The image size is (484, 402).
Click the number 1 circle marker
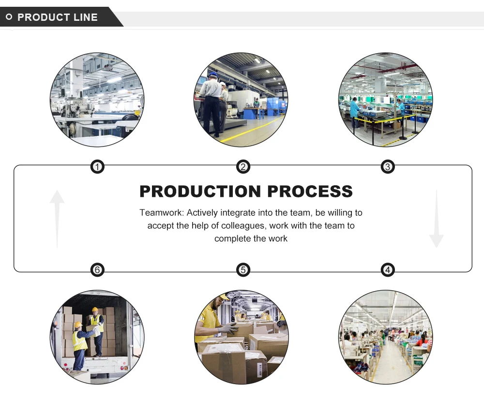(97, 167)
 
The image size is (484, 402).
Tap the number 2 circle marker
(243, 167)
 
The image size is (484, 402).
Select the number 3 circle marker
(387, 167)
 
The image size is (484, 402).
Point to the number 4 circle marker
(387, 269)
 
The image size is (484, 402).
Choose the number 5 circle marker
(243, 269)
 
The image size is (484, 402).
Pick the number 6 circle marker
(97, 269)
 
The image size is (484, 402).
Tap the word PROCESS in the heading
(310, 192)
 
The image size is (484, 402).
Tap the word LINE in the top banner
(85, 17)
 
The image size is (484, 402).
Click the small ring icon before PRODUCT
(9, 17)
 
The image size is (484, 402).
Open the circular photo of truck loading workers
(97, 337)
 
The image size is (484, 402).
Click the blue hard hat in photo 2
(213, 74)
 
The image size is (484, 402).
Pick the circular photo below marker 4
(385, 337)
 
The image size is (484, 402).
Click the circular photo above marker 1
(97, 100)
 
